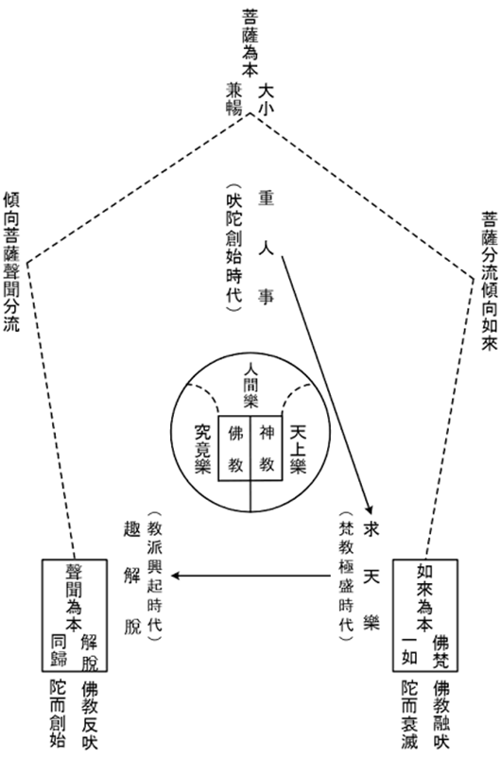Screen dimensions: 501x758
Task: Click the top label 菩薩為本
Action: [250, 43]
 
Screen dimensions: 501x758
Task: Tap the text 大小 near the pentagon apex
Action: [266, 99]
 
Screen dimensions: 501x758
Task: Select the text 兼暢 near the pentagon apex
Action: [233, 98]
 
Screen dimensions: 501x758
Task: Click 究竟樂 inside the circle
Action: [202, 449]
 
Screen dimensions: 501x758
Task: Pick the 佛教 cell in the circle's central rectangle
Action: [235, 449]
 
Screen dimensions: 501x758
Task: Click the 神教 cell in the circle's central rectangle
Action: [267, 449]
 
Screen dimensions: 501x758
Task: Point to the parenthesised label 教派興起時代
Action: [155, 577]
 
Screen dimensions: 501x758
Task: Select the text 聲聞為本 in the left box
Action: [74, 598]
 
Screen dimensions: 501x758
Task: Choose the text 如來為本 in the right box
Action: [424, 598]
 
